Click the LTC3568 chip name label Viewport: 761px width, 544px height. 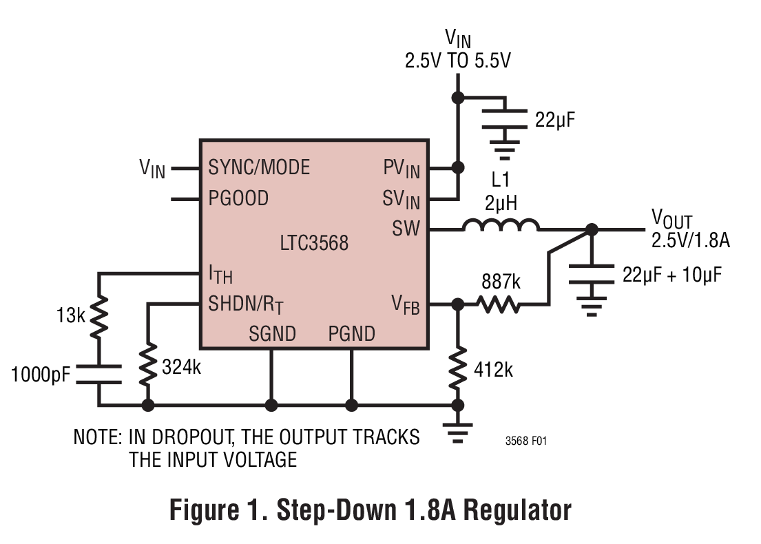point(313,243)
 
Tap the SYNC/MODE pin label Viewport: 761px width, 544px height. point(259,167)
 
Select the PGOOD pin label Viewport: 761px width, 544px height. point(238,199)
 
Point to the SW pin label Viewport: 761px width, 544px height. point(406,229)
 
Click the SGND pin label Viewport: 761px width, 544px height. point(272,334)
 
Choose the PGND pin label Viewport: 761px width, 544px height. point(351,334)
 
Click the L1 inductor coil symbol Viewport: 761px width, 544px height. point(500,225)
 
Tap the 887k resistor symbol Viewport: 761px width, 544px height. point(500,304)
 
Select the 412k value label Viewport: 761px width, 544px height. point(493,370)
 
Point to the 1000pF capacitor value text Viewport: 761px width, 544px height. point(41,375)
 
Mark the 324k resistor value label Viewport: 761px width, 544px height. point(181,368)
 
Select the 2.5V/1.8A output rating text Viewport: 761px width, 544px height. point(690,241)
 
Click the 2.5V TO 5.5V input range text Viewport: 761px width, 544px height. point(458,61)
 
